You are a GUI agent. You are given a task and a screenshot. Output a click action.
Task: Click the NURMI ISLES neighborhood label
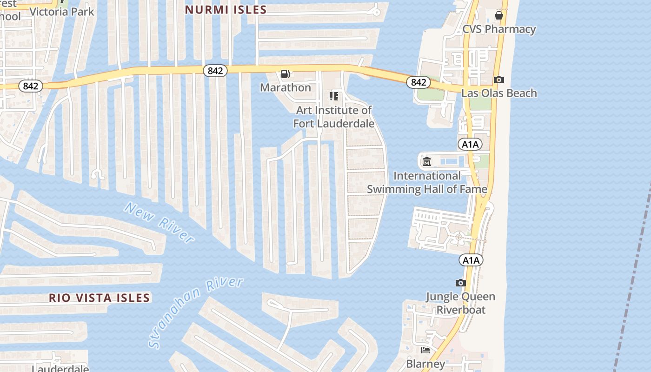tap(226, 10)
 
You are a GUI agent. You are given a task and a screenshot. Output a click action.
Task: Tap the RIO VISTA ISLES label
tap(100, 298)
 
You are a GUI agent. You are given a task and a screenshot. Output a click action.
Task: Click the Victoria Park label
tap(62, 12)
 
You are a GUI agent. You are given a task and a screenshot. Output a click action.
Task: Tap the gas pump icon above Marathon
tap(286, 74)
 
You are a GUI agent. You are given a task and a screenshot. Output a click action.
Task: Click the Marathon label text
tap(286, 87)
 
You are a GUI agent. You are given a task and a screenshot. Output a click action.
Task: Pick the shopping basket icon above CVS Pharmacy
tap(499, 15)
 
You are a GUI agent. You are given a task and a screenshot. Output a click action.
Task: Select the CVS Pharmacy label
tap(499, 29)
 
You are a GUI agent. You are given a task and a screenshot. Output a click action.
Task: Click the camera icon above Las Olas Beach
tap(499, 80)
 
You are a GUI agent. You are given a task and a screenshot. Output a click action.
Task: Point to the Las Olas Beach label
tap(499, 93)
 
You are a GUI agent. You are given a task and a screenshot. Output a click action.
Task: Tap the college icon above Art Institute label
tap(334, 96)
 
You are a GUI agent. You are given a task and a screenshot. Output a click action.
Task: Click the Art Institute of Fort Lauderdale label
tap(334, 117)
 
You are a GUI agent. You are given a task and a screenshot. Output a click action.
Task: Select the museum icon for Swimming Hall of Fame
tap(427, 162)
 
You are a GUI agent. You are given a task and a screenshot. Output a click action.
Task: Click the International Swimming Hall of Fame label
tap(427, 182)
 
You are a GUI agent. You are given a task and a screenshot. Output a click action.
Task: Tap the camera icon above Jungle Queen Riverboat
tap(460, 283)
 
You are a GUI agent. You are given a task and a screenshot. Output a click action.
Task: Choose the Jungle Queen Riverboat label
tap(460, 303)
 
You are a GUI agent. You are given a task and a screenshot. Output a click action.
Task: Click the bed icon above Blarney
tap(425, 350)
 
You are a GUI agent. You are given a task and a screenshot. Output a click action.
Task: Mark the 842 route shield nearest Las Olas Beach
tap(418, 82)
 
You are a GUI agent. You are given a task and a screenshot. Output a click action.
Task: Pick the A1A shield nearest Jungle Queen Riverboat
tap(471, 260)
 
